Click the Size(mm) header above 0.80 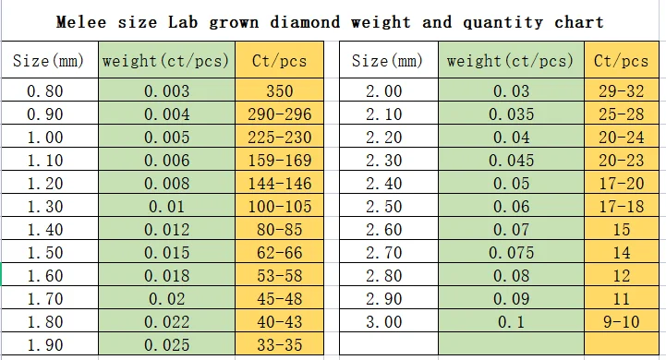(x=48, y=62)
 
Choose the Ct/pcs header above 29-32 (x=621, y=62)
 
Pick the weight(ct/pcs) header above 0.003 (x=166, y=62)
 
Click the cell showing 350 (x=278, y=91)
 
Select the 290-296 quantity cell (x=278, y=114)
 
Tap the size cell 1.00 (x=45, y=138)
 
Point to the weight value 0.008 (x=167, y=184)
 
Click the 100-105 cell (x=278, y=207)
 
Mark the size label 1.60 (x=45, y=276)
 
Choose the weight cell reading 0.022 (x=167, y=322)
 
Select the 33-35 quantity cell (x=278, y=345)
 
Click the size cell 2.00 (x=384, y=91)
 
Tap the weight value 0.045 (x=511, y=161)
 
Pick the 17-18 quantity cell (x=621, y=207)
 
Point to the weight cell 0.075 (x=511, y=253)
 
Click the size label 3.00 (x=384, y=322)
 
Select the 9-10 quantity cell (x=621, y=322)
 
